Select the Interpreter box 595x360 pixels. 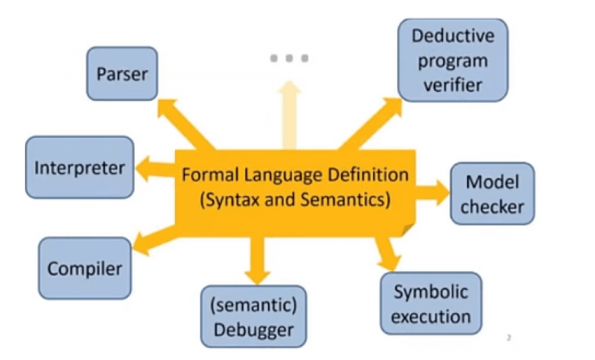tap(79, 167)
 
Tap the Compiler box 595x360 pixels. tap(85, 268)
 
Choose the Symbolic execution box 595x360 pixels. tap(431, 304)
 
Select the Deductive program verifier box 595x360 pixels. tap(452, 60)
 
